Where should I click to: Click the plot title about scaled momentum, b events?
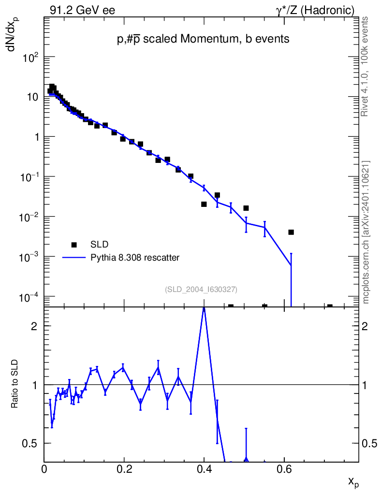pyautogui.click(x=203, y=40)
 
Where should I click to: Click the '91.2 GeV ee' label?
pyautogui.click(x=82, y=10)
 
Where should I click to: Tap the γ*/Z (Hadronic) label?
pyautogui.click(x=315, y=10)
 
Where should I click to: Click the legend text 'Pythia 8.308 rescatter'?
pyautogui.click(x=135, y=258)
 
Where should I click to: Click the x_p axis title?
pyautogui.click(x=354, y=481)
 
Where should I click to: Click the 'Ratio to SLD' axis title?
pyautogui.click(x=15, y=384)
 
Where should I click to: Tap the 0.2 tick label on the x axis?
pyautogui.click(x=124, y=469)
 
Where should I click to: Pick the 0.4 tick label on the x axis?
pyautogui.click(x=204, y=469)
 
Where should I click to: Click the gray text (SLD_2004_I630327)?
pyautogui.click(x=201, y=289)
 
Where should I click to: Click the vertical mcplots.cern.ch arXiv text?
pyautogui.click(x=366, y=232)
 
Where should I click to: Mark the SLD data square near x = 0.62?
pyautogui.click(x=291, y=232)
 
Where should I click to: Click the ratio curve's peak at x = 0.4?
pyautogui.click(x=204, y=307)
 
